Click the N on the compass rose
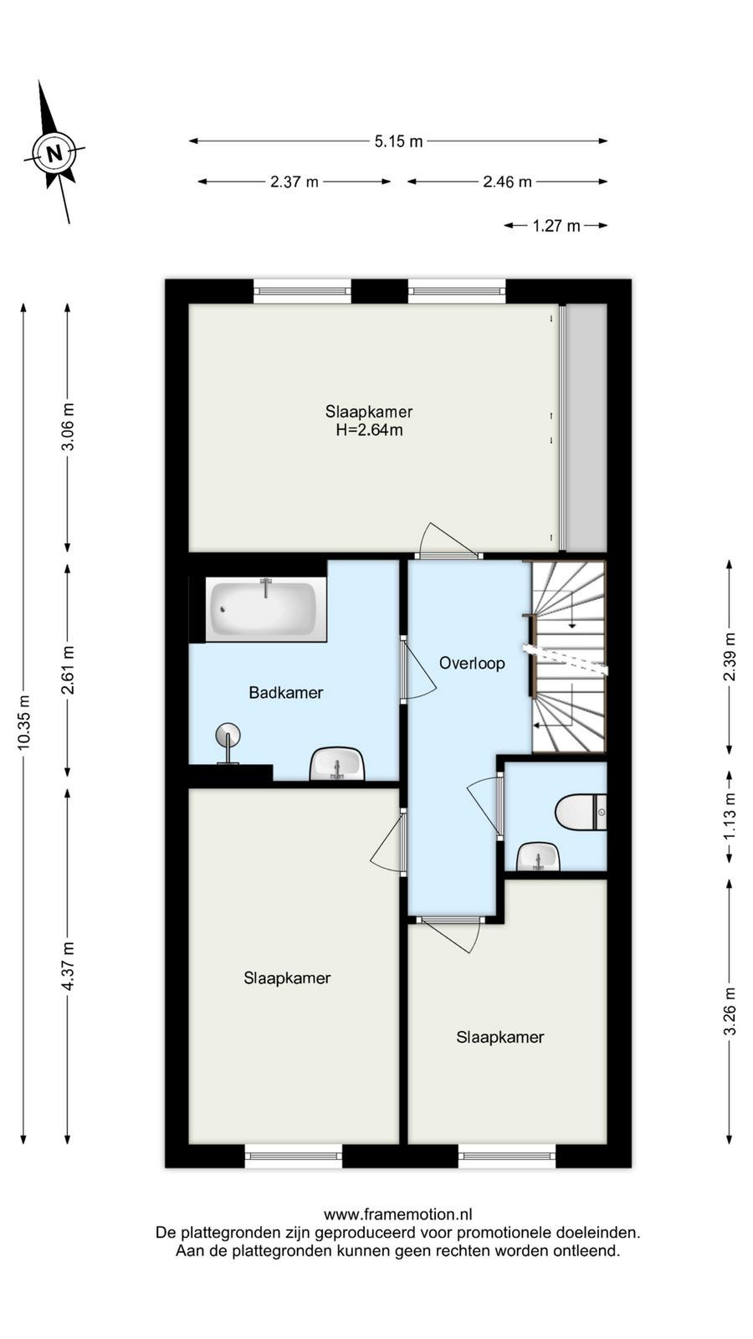click(55, 153)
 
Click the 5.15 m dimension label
click(398, 141)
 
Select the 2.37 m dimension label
click(294, 182)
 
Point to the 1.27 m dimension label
click(556, 226)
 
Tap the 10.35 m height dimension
click(24, 723)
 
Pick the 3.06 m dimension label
click(68, 428)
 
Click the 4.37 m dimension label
click(68, 966)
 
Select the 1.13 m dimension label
click(729, 817)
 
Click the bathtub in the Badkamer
click(262, 608)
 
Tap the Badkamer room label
click(285, 693)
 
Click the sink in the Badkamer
click(337, 763)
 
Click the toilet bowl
click(581, 813)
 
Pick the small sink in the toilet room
click(539, 857)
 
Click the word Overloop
click(472, 663)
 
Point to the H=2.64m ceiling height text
click(369, 430)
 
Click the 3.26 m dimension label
click(729, 1011)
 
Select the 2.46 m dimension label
click(507, 182)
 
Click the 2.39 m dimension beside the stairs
click(729, 657)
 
